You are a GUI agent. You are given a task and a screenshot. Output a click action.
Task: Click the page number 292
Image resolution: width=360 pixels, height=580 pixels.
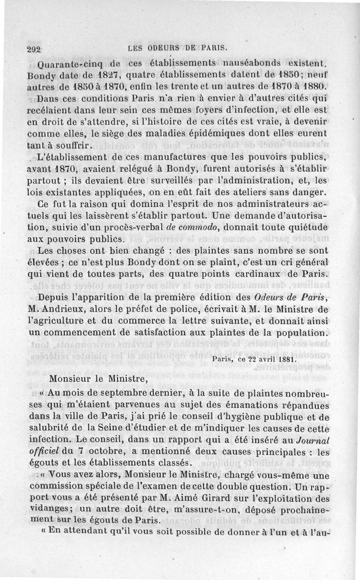click(x=34, y=49)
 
